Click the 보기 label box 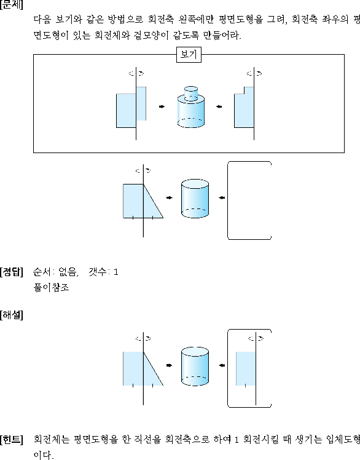189,55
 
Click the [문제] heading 11,4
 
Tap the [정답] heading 11,272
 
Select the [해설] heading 11,315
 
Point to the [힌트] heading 11,440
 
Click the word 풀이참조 52,287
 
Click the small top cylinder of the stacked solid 191,93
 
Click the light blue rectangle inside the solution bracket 246,368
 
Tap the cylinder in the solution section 195,366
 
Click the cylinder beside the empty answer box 195,199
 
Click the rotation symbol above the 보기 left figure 136,73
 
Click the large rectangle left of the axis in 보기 126,111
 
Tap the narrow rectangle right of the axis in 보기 141,103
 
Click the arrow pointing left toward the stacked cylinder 219,107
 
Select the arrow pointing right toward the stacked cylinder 162,106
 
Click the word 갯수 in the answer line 98,272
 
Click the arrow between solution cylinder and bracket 222,365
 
